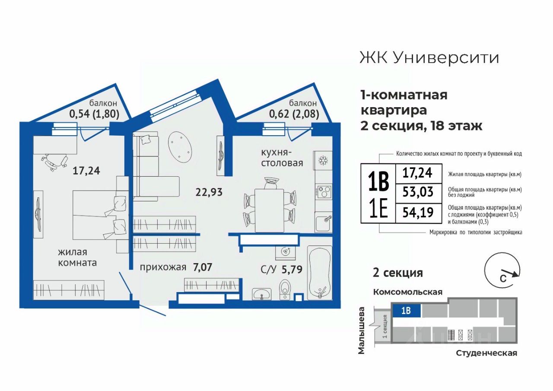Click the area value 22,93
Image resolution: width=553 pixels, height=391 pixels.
209,192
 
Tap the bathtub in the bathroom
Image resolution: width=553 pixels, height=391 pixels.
319,273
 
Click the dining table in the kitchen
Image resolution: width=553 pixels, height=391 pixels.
269,210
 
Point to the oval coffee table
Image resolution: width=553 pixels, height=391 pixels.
180,146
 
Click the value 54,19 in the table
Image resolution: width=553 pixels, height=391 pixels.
418,212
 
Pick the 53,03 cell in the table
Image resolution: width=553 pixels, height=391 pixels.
418,192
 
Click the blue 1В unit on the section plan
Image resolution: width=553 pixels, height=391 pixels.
406,311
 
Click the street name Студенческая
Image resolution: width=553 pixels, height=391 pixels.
486,353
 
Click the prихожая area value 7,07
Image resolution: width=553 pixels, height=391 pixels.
203,267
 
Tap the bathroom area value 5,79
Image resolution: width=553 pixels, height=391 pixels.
292,269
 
